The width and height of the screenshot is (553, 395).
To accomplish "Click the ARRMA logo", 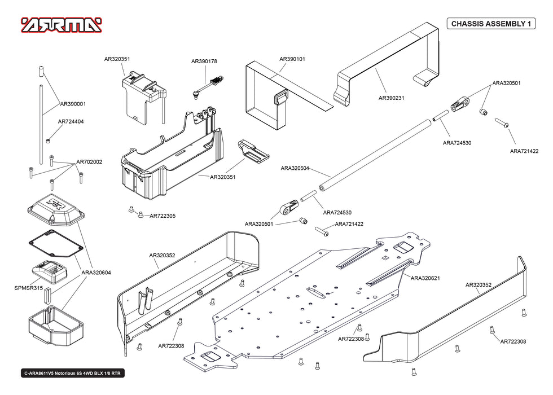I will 62,25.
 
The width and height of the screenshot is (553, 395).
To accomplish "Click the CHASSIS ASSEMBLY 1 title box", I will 491,24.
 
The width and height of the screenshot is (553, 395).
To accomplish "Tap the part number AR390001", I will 73,104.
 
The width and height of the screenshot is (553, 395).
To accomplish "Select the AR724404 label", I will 71,121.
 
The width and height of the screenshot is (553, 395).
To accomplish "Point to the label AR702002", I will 90,162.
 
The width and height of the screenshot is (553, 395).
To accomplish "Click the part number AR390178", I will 204,61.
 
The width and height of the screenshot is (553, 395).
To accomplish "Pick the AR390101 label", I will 292,59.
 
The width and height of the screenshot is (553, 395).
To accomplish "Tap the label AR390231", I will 391,98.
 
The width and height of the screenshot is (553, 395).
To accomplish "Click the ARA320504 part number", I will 295,168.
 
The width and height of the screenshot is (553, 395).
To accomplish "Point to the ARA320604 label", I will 96,273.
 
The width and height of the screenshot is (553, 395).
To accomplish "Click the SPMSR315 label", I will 29,288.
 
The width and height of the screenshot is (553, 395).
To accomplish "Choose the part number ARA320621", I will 425,278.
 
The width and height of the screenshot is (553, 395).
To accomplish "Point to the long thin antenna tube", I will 41,124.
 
